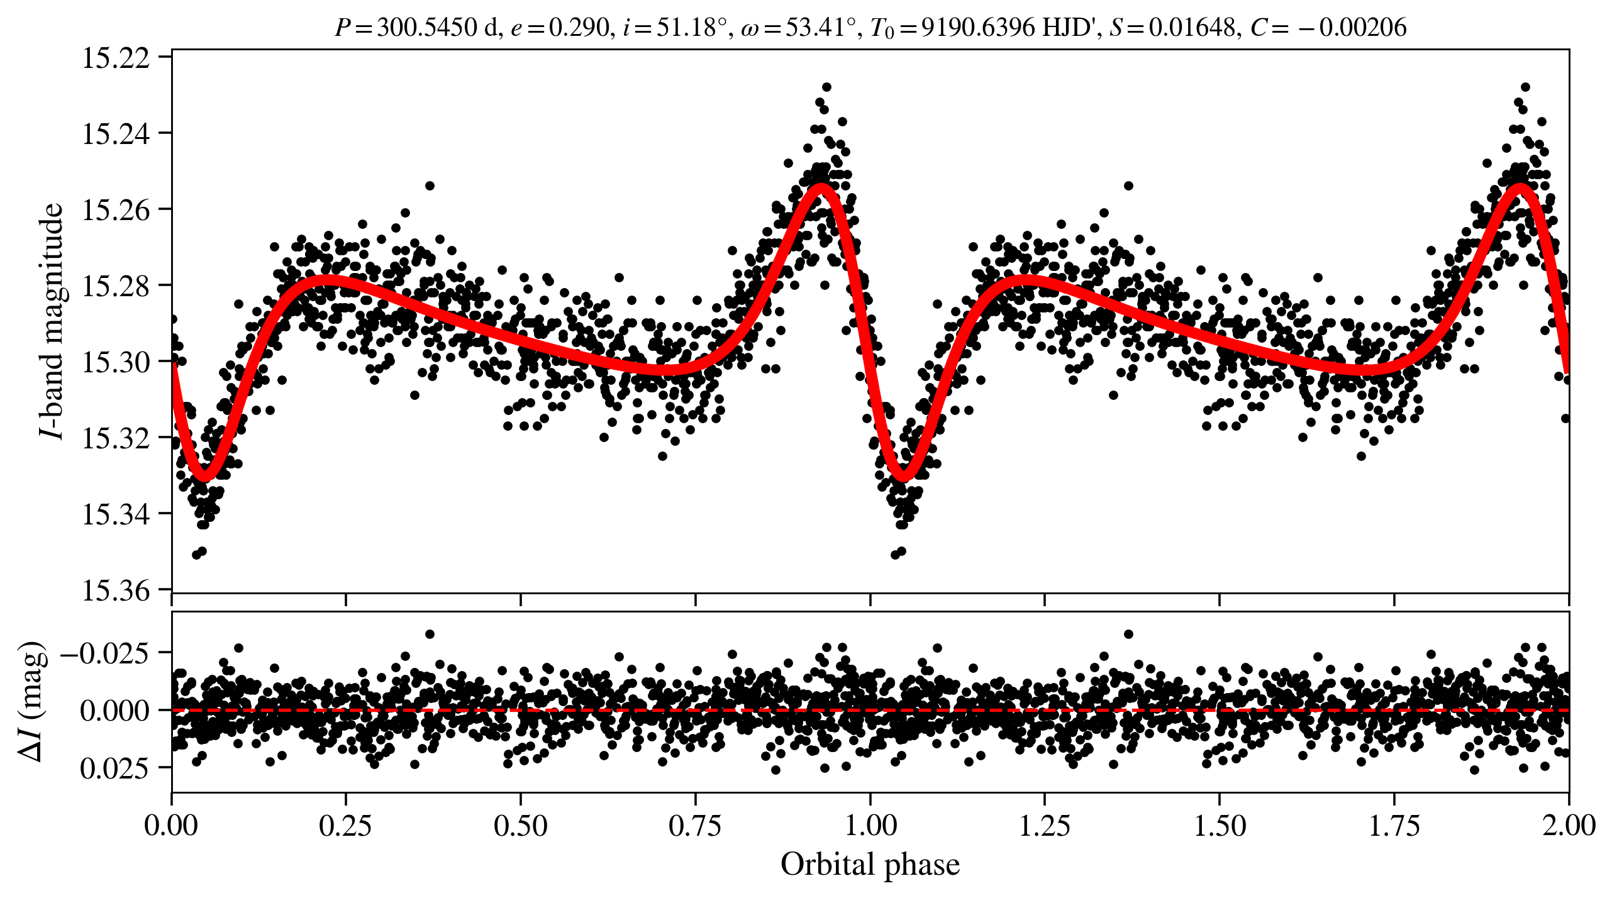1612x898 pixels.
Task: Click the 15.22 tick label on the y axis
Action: pos(116,58)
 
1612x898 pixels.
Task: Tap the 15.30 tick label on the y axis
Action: pos(116,362)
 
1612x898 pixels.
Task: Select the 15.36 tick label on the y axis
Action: pos(116,590)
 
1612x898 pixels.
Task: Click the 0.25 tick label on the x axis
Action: pos(345,825)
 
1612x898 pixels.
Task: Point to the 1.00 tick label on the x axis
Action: pos(870,825)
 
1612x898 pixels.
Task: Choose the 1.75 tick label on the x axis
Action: pos(1394,825)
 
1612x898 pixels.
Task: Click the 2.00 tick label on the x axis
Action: pos(1569,825)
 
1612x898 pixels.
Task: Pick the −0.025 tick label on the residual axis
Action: pos(106,653)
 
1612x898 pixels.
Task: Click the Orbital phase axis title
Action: pos(870,865)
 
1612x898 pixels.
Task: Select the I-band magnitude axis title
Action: pos(52,321)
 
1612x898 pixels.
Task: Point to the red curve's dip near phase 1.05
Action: pos(904,477)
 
